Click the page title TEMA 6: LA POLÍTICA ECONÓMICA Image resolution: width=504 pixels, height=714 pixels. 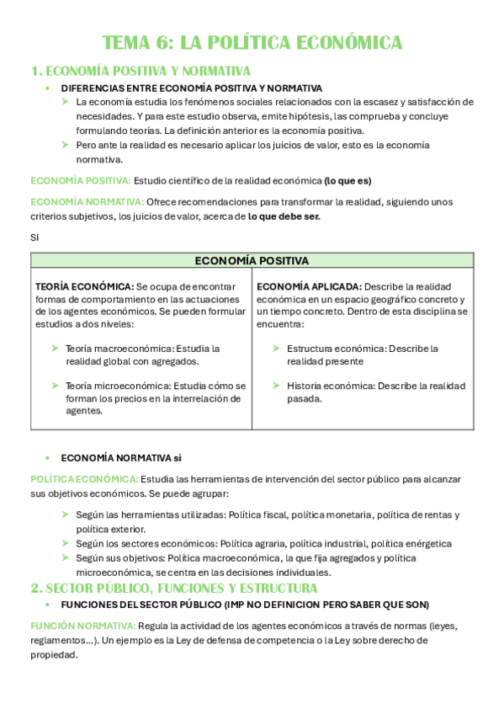(x=252, y=43)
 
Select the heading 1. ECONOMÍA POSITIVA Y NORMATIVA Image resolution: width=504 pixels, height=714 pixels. (x=141, y=71)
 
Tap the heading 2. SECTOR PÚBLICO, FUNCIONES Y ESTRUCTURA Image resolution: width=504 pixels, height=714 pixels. (x=174, y=588)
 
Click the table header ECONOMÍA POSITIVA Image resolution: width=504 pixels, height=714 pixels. (x=252, y=261)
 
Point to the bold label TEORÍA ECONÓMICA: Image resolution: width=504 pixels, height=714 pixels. (x=83, y=287)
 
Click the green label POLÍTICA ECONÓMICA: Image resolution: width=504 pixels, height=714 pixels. (x=78, y=479)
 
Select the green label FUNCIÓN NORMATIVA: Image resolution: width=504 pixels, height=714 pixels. (x=82, y=626)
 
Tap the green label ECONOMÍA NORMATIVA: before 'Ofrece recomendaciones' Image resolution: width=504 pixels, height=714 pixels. (x=87, y=202)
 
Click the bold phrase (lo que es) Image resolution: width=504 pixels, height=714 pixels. (x=347, y=180)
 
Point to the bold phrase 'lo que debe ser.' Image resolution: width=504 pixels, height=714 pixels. (x=284, y=216)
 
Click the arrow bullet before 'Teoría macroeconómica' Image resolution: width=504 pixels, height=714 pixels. (x=55, y=348)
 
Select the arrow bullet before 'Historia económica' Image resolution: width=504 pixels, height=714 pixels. (x=276, y=386)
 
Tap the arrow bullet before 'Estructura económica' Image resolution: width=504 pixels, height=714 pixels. (x=276, y=348)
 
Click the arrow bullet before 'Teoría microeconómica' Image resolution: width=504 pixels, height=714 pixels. (x=55, y=386)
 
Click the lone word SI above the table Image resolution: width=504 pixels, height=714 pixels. (x=34, y=237)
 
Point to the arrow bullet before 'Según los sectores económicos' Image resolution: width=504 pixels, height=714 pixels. (x=65, y=544)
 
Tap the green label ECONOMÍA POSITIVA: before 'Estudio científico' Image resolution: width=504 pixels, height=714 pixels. (x=81, y=180)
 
